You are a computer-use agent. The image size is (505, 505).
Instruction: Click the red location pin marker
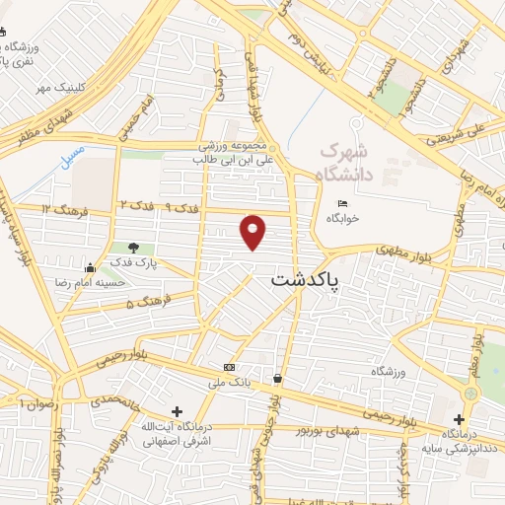click(x=253, y=232)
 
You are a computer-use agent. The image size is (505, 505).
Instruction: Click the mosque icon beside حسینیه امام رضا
click(x=90, y=267)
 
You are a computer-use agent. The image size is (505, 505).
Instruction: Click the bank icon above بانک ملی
click(x=230, y=366)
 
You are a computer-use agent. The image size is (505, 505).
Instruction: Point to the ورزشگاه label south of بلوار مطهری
click(x=388, y=372)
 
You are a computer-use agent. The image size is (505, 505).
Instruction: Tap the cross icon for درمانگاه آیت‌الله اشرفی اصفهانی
click(x=177, y=411)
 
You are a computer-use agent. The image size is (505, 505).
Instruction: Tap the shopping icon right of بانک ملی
click(x=277, y=379)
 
